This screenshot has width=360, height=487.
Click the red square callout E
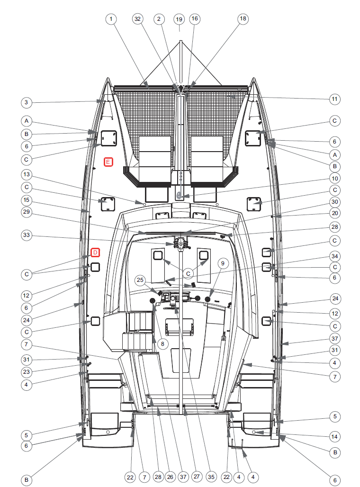tap(108, 162)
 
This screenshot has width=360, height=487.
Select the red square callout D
tap(95, 253)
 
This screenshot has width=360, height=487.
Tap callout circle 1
tap(111, 19)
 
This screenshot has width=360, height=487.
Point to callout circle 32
tap(137, 19)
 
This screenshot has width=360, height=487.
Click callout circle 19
tap(179, 19)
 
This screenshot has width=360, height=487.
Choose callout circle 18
tap(243, 18)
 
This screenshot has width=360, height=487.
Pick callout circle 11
tap(334, 99)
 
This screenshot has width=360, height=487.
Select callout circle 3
tap(27, 102)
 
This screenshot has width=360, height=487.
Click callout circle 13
tap(27, 174)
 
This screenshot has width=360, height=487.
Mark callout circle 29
tap(27, 212)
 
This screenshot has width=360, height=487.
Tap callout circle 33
tap(27, 235)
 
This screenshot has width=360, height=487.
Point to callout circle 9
tap(223, 263)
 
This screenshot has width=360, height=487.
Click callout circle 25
tap(140, 280)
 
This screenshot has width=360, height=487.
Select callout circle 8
tap(162, 344)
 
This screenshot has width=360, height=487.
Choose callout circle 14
tap(334, 437)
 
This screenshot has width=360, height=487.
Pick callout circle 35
tap(211, 477)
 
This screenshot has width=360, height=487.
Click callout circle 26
tap(170, 477)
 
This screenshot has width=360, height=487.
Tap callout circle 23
tap(27, 372)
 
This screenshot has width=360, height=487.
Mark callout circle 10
tap(334, 179)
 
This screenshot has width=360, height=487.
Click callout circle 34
tap(334, 256)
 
